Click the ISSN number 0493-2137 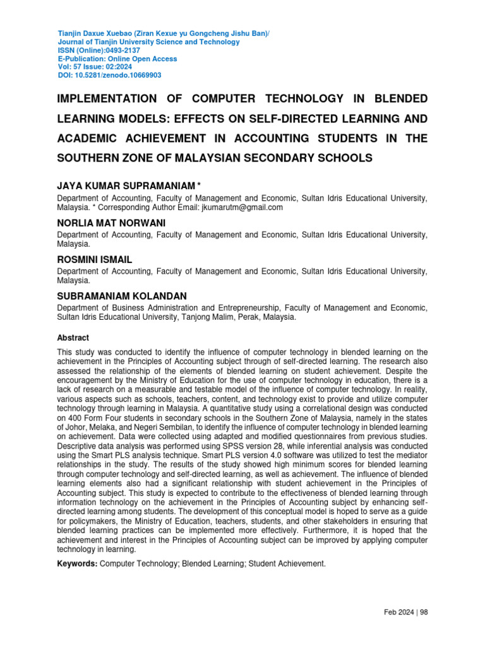pyautogui.click(x=120, y=50)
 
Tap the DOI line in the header pyautogui.click(x=109, y=75)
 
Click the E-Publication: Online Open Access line pyautogui.click(x=117, y=59)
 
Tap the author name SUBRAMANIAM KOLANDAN pyautogui.click(x=122, y=296)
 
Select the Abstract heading pyautogui.click(x=73, y=338)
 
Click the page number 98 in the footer pyautogui.click(x=424, y=612)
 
